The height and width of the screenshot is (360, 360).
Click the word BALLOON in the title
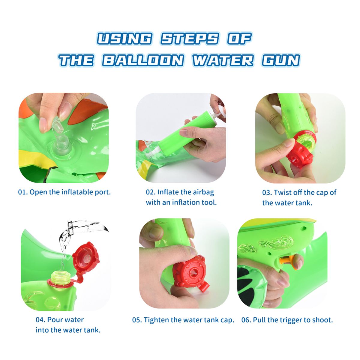click(143, 60)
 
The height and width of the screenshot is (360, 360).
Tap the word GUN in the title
click(281, 60)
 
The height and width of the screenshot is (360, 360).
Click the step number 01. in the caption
click(23, 192)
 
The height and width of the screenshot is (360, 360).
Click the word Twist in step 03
click(283, 193)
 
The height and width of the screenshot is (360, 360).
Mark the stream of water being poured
click(64, 248)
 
